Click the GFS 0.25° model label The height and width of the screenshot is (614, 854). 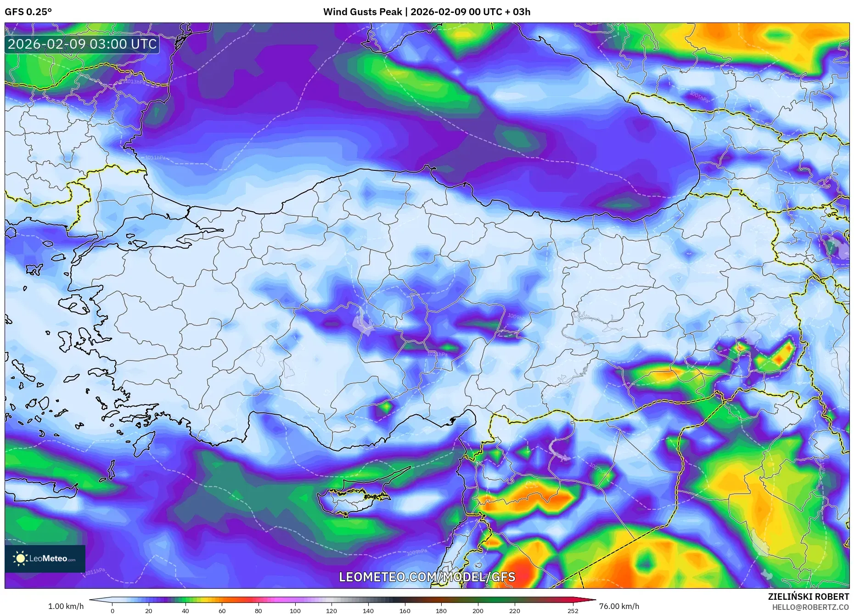(x=28, y=12)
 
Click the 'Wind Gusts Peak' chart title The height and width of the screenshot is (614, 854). (x=362, y=12)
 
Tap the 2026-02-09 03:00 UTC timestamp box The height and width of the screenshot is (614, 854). (x=82, y=44)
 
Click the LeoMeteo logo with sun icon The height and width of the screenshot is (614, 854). (x=45, y=558)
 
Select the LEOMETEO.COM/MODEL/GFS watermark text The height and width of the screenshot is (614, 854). (x=427, y=577)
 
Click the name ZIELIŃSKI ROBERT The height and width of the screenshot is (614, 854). (x=808, y=597)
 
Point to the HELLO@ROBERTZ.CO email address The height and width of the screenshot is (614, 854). (x=810, y=607)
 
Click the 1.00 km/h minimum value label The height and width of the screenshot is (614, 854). (x=66, y=606)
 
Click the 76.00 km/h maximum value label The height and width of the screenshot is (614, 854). (x=619, y=606)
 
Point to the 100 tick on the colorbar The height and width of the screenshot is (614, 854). (x=295, y=611)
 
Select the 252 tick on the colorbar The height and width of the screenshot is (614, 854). (x=573, y=611)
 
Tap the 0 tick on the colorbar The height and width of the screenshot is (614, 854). (x=112, y=611)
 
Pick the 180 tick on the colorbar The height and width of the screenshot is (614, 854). (x=441, y=611)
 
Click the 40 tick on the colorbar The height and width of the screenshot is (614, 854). (x=185, y=611)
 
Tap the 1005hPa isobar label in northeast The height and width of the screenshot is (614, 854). (x=699, y=97)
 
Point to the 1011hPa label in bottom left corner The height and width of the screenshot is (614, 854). (x=95, y=571)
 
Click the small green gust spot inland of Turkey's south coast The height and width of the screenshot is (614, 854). (x=386, y=407)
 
